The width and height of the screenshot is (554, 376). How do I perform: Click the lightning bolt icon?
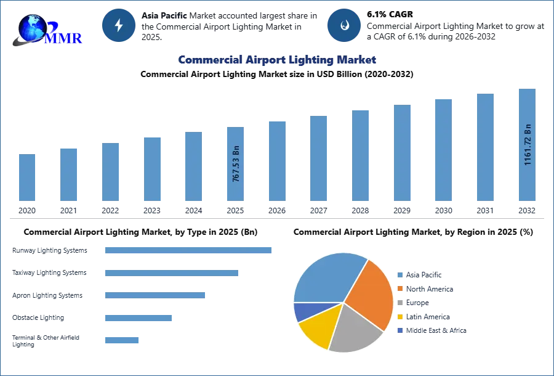point(119,25)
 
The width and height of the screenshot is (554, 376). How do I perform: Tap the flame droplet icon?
point(344,25)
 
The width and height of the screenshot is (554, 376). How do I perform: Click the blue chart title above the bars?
point(277,60)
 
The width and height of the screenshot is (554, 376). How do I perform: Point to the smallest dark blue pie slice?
point(303,311)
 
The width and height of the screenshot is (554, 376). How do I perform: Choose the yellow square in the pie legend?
point(400,317)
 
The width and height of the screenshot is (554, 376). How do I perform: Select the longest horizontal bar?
point(189,251)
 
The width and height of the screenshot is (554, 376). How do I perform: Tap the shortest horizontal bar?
point(122,340)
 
